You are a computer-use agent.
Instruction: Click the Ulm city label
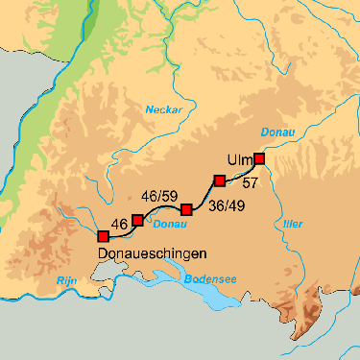coord(239,159)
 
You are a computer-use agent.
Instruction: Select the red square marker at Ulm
coord(258,159)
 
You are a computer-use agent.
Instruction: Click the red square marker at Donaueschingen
coord(103,236)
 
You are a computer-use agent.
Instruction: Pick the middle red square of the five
coord(186,209)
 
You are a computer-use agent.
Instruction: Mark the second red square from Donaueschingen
coord(137,221)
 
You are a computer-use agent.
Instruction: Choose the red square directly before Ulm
coord(219,180)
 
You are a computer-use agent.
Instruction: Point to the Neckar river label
coord(163,110)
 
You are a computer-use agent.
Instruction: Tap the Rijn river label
coord(66,279)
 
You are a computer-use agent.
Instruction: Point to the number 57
coord(251,182)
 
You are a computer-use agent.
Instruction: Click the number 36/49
coord(226,204)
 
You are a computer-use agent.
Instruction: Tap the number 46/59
coord(160,196)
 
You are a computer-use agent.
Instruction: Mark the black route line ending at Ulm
coord(241,172)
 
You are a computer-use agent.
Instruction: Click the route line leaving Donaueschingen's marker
coord(119,231)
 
